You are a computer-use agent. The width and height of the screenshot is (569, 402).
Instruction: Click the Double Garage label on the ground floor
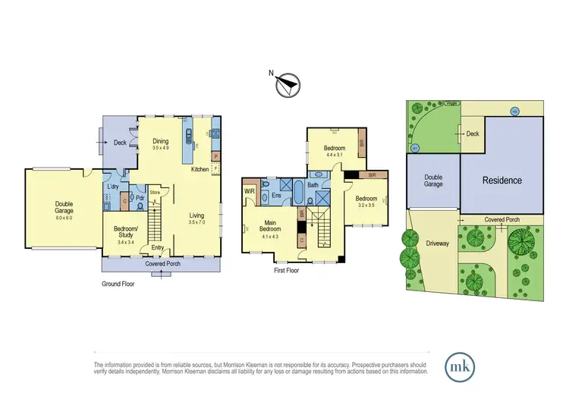click(64, 207)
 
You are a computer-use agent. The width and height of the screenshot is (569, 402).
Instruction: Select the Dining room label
click(161, 140)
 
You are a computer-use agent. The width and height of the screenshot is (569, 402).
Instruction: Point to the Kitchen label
click(200, 168)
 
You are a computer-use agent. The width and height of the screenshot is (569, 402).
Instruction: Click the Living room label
click(197, 215)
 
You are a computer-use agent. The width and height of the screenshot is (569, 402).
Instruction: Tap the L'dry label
click(112, 187)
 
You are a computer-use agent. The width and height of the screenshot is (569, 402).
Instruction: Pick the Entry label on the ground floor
click(158, 247)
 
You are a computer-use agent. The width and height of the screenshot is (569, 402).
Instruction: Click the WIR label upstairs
click(249, 190)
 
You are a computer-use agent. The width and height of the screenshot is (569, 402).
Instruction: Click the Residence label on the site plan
click(501, 180)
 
